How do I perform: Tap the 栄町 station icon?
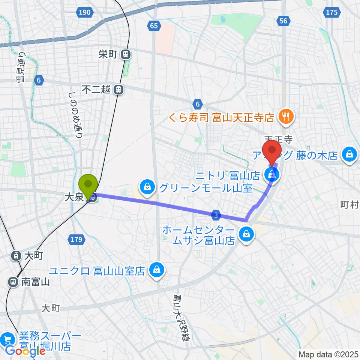coord(125,55)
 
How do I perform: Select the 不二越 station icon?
coord(118,90)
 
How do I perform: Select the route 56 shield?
coord(283,21)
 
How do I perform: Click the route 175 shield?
coord(331,13)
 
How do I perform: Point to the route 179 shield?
coord(75,238)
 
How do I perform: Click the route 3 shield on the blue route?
coord(216,215)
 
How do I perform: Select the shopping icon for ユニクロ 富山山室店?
coord(156,270)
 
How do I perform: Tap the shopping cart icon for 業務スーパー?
coord(7,340)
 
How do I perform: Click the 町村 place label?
coord(349,205)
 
